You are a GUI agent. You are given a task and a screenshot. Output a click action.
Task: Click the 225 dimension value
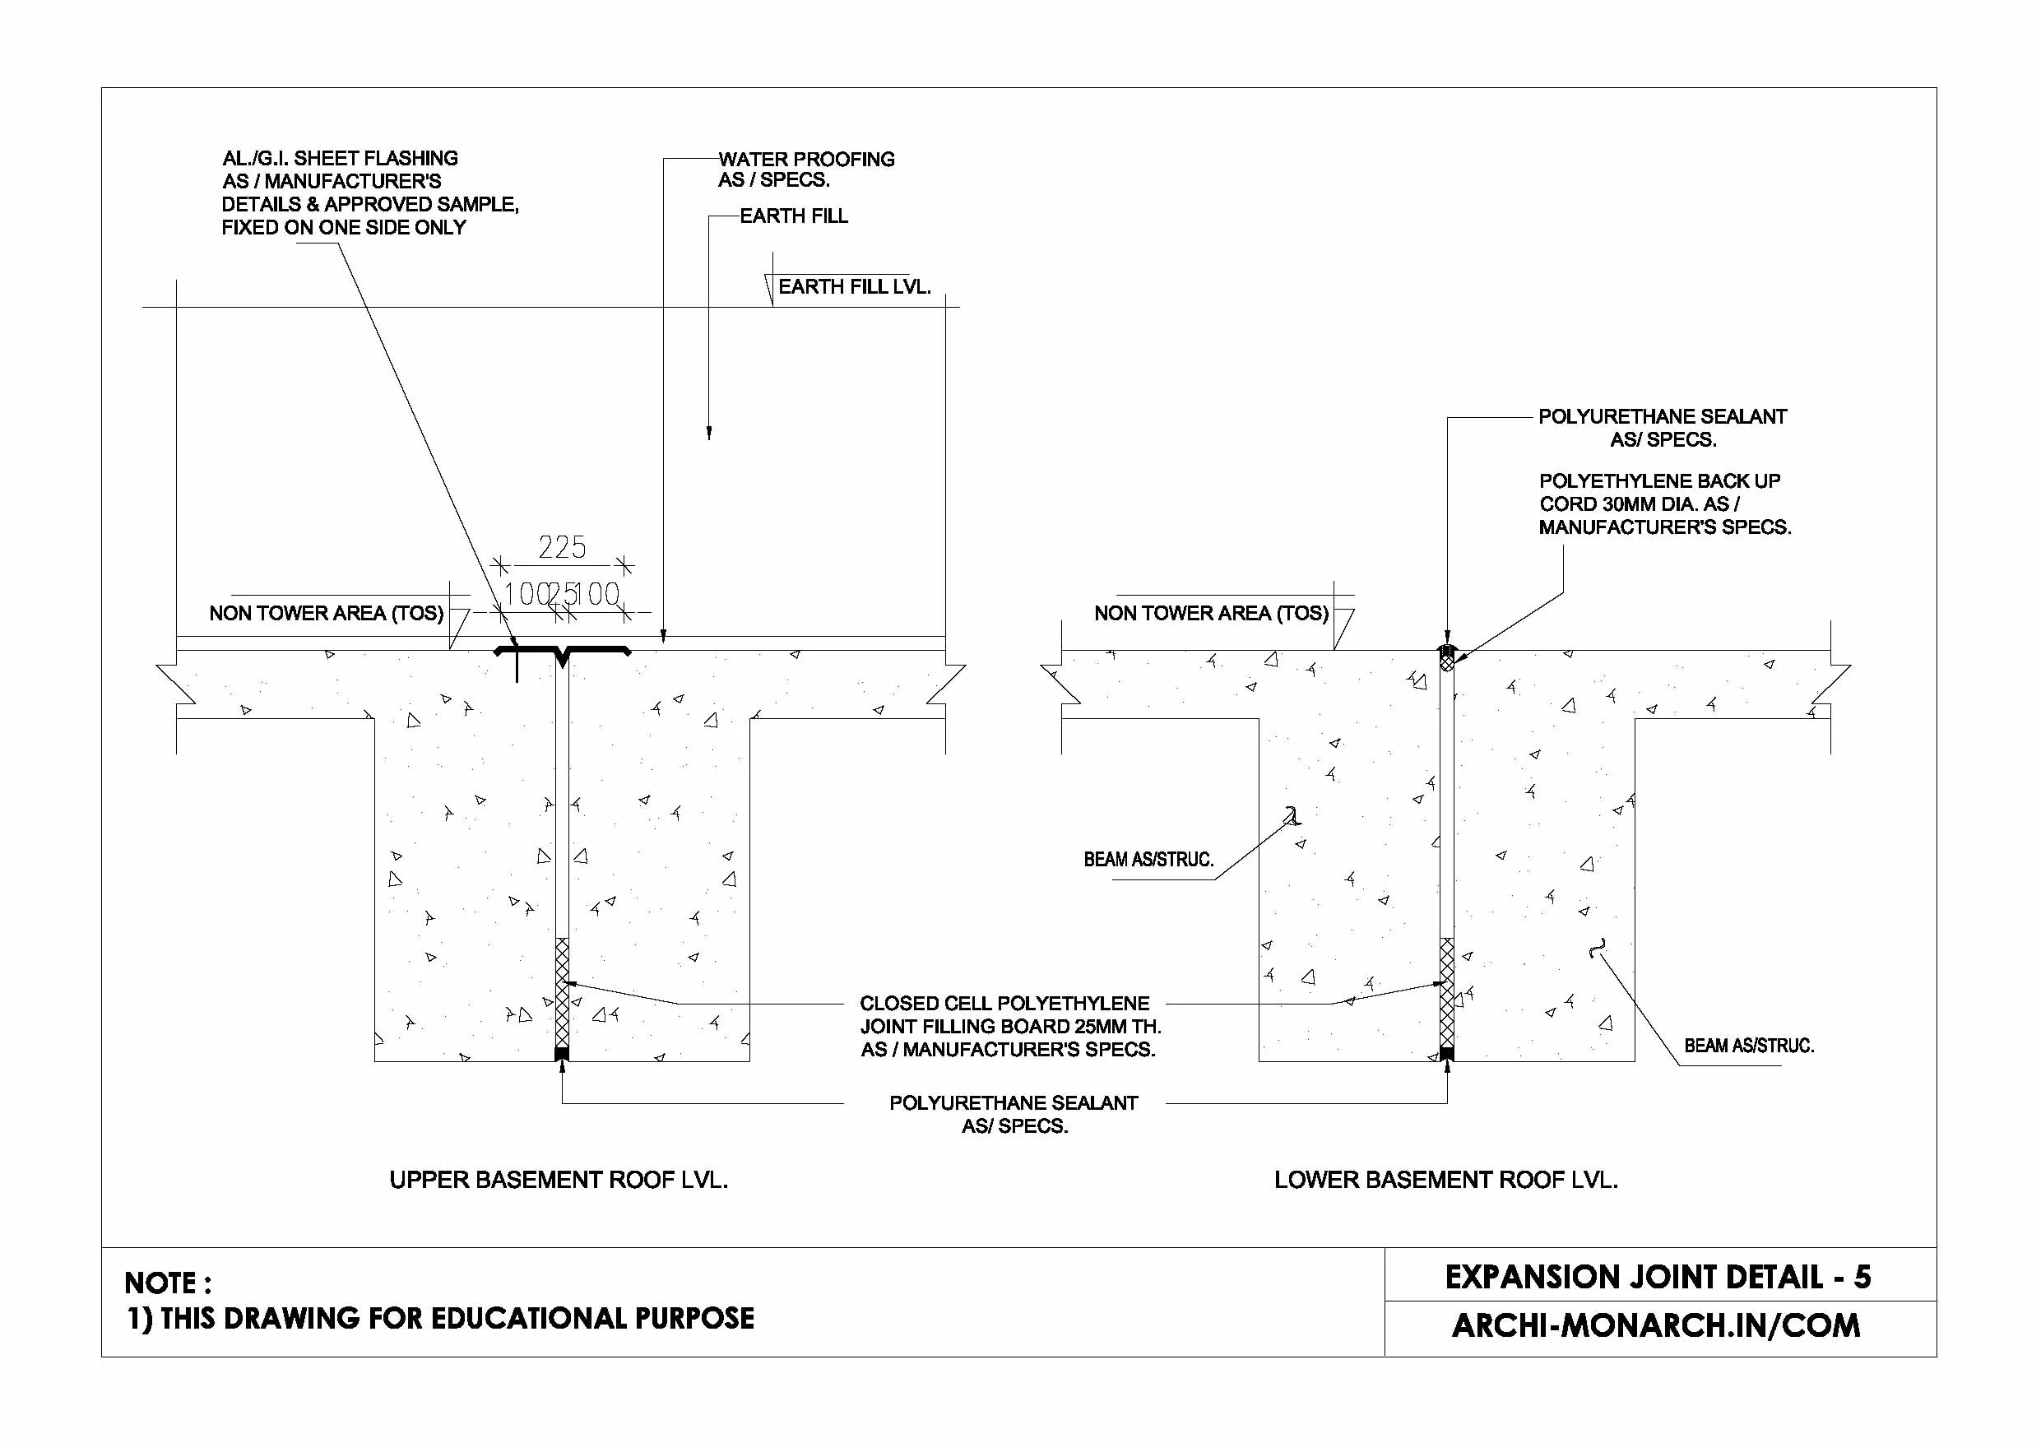562,547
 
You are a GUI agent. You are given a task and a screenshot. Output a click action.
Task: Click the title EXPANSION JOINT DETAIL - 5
1657,1278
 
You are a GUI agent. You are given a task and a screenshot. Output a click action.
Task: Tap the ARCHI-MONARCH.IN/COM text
1655,1325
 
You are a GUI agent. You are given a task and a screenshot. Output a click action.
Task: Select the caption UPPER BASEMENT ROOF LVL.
559,1180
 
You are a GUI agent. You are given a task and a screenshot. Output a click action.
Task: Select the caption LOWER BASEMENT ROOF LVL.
1445,1180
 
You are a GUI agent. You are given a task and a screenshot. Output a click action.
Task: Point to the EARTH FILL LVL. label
853,287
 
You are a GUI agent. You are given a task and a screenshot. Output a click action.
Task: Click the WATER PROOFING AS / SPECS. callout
805,169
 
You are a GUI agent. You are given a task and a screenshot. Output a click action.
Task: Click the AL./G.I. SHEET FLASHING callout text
369,192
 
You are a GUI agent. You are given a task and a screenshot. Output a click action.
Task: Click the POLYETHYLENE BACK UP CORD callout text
1663,504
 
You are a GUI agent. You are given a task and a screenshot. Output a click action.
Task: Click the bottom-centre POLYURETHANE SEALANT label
1014,1114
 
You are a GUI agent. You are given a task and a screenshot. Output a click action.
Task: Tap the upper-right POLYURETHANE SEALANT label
1662,428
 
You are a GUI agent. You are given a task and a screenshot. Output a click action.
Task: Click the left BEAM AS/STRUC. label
1148,860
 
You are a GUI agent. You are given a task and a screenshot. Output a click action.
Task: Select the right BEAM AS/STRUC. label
1748,1046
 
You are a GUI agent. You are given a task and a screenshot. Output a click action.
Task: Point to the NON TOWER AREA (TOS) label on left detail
325,614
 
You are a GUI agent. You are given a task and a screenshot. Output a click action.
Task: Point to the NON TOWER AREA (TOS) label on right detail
1211,614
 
